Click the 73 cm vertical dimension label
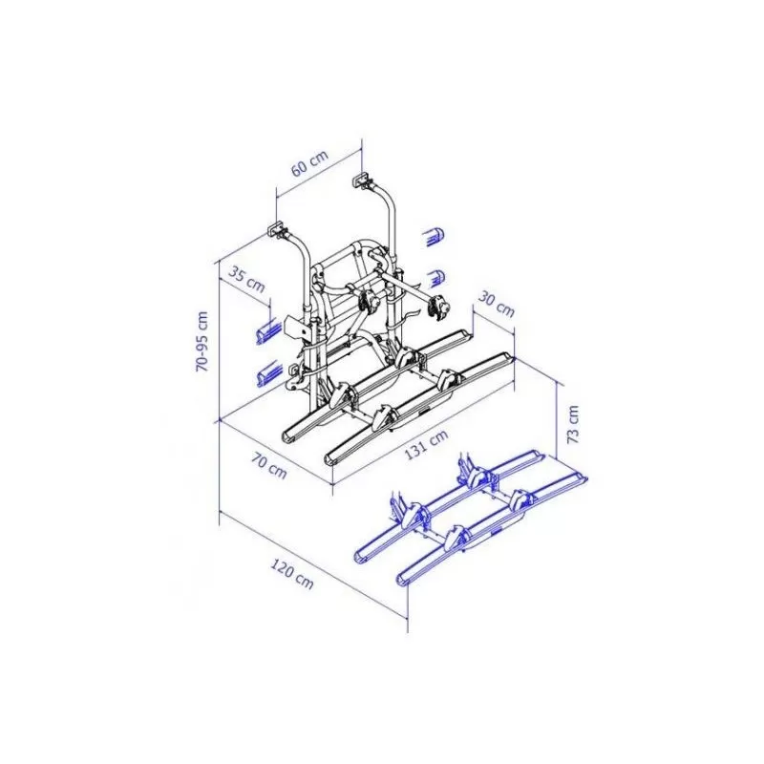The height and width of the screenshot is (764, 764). click(x=573, y=421)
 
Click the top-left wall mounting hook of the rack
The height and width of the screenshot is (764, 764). click(x=276, y=229)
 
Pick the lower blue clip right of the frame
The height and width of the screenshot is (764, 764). click(x=435, y=278)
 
